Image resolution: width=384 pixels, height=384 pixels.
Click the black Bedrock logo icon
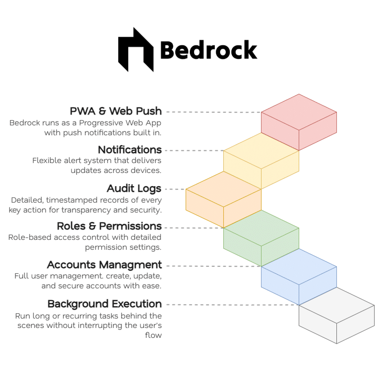pos(136,49)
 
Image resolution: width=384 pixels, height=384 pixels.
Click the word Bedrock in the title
pos(208,50)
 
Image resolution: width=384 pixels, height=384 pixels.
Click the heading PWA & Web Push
pos(115,111)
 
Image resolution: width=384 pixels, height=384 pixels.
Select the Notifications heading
pos(130,150)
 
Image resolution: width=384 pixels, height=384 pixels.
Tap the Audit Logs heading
pos(134,188)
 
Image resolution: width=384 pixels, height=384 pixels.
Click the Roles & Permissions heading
pos(109,226)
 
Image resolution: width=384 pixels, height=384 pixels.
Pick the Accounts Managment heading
pos(104,265)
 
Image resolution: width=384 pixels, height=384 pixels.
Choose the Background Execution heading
pos(105,303)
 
